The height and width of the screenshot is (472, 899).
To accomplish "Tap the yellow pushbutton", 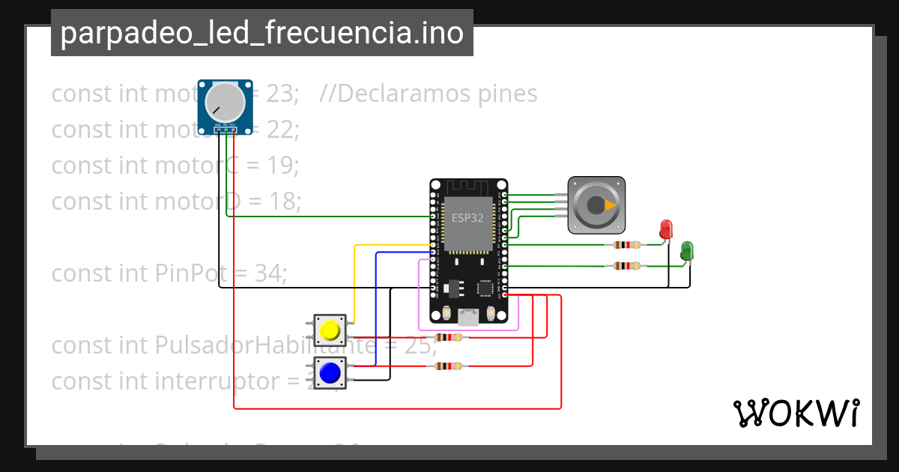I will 330,330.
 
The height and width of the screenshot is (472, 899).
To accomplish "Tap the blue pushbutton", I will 330,372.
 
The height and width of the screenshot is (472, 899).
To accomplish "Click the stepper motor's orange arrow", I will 611,205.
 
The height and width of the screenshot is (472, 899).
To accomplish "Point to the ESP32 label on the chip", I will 467,217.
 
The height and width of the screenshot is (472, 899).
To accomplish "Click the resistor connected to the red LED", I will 626,244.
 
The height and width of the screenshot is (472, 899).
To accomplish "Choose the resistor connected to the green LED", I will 626,265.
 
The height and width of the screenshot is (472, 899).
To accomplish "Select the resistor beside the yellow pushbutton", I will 448,337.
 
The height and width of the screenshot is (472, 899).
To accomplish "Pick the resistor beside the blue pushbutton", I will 448,366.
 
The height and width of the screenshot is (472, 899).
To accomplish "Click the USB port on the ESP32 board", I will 469,317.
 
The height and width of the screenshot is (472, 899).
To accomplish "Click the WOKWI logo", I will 796,413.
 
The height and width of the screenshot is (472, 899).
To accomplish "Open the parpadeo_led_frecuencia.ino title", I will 261,33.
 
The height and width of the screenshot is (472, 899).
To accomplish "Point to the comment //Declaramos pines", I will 428,94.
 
